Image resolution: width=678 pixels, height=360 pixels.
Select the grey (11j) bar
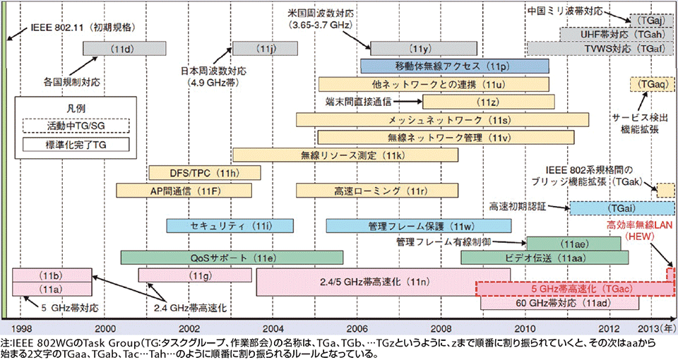(x=266, y=48)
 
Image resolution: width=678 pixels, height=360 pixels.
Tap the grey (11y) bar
(x=421, y=48)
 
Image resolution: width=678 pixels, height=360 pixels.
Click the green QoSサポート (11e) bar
(x=232, y=257)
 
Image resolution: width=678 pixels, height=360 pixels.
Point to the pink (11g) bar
(x=195, y=275)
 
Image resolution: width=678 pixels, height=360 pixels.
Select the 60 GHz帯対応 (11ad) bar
(x=559, y=304)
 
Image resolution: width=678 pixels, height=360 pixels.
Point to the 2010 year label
(x=525, y=329)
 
